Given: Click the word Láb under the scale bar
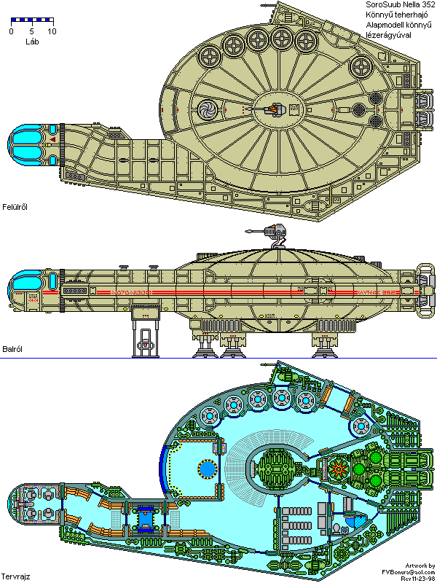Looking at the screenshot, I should (31, 42).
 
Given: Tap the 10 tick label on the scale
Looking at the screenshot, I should (51, 32).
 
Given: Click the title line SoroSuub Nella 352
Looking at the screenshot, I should (400, 6).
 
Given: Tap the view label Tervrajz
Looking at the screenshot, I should (15, 576).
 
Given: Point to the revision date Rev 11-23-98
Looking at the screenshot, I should (412, 579).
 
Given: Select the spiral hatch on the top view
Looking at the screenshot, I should (207, 110).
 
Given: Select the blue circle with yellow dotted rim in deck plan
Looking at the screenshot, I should (207, 469).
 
